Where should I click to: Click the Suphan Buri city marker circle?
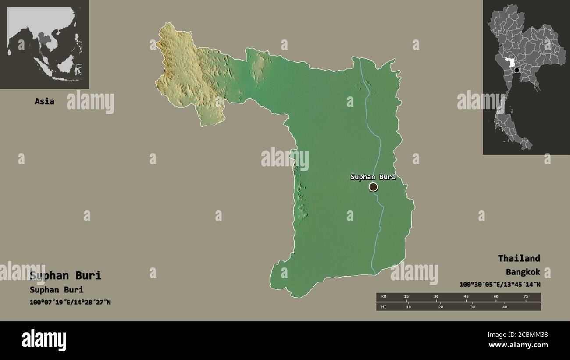click(x=373, y=187)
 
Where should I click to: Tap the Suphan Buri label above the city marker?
click(x=373, y=177)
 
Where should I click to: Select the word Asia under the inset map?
click(x=45, y=101)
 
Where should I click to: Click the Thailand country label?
click(x=519, y=258)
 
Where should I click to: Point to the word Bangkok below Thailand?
click(x=523, y=272)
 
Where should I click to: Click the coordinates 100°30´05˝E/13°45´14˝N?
click(x=500, y=285)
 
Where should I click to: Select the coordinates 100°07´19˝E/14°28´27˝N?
click(x=70, y=302)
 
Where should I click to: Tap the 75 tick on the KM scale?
click(x=526, y=297)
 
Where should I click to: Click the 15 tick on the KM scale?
click(x=406, y=297)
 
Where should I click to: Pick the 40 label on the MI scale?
click(x=504, y=307)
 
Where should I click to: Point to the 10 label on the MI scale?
click(x=408, y=307)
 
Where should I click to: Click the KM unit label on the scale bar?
click(x=384, y=297)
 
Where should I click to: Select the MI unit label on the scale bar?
click(x=384, y=307)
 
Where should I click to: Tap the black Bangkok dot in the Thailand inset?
click(x=517, y=70)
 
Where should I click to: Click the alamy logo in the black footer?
click(x=44, y=340)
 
